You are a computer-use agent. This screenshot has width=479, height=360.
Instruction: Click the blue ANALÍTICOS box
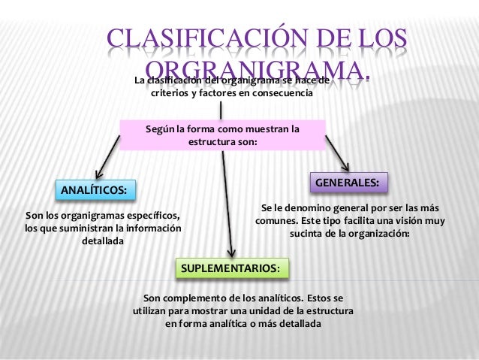[x=93, y=189]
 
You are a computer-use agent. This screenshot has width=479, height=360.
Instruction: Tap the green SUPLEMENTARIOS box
[x=231, y=268]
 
